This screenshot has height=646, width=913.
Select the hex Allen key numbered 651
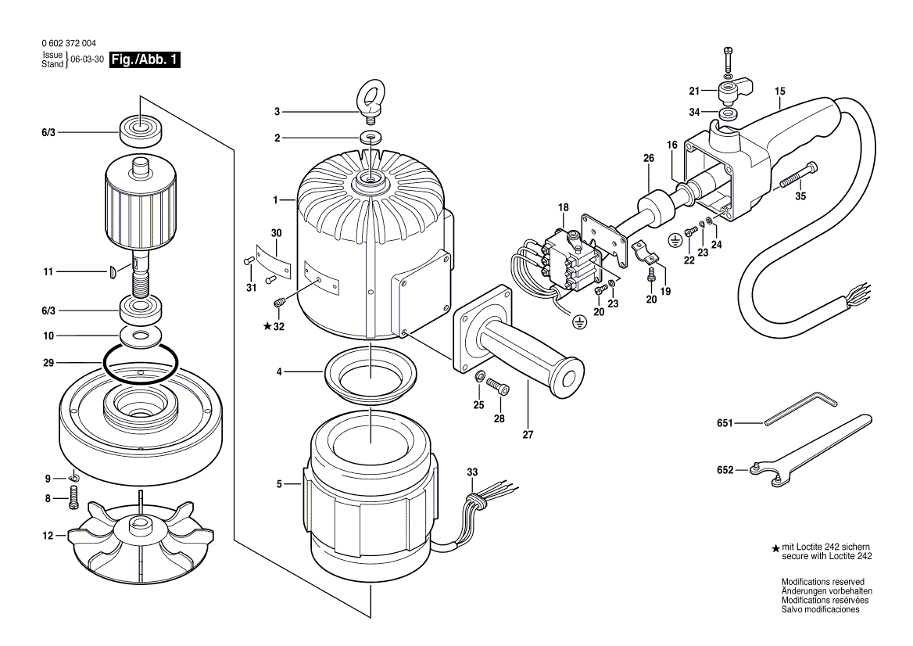point(801,411)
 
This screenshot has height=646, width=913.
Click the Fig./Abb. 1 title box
point(145,59)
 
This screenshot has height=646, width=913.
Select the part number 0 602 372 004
point(70,43)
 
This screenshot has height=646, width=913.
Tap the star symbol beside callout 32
point(267,326)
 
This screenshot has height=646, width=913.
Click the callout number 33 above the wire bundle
point(472,472)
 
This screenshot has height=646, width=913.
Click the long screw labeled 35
point(797,174)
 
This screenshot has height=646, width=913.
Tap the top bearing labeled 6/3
point(141,132)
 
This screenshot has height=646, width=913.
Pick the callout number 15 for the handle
point(779,91)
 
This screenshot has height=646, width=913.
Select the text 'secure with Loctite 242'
point(827,556)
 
